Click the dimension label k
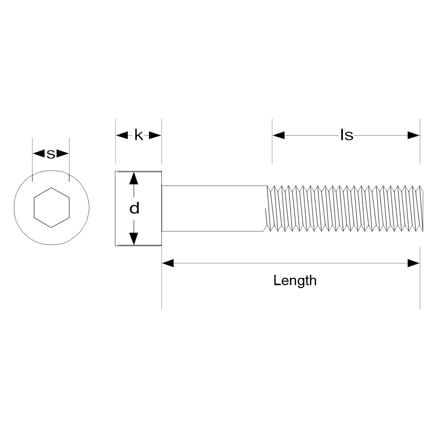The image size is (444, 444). pyautogui.click(x=139, y=135)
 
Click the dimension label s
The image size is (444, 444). pyautogui.click(x=51, y=154)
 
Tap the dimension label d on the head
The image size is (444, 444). pyautogui.click(x=134, y=209)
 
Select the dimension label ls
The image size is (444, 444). pyautogui.click(x=346, y=135)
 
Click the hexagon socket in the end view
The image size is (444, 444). pyautogui.click(x=51, y=207)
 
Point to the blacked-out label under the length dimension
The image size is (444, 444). pyautogui.click(x=295, y=281)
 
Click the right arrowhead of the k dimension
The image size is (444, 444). pyautogui.click(x=155, y=135)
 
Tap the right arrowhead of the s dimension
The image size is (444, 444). pyautogui.click(x=63, y=154)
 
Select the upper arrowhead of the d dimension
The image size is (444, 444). pyautogui.click(x=133, y=178)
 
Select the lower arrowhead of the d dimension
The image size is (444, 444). pyautogui.click(x=133, y=239)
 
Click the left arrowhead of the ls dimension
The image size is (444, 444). pyautogui.click(x=279, y=135)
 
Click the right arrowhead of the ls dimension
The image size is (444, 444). pyautogui.click(x=413, y=135)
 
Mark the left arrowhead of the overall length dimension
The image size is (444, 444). pyautogui.click(x=168, y=263)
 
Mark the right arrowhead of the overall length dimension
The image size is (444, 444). pyautogui.click(x=413, y=263)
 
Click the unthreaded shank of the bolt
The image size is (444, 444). pyautogui.click(x=215, y=208)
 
